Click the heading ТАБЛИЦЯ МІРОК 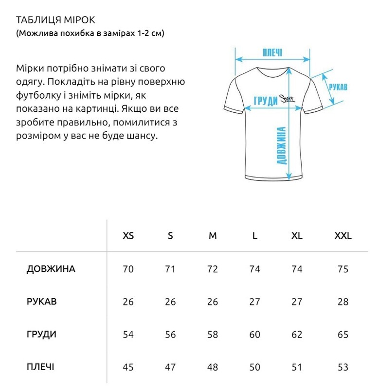click(x=55, y=20)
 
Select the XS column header click(x=128, y=236)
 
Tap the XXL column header click(x=343, y=236)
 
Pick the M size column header click(x=213, y=236)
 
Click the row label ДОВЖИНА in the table click(x=51, y=269)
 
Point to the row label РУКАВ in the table click(x=41, y=301)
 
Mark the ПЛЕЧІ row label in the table click(x=40, y=367)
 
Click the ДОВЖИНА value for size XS click(x=128, y=269)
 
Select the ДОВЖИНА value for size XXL click(x=343, y=269)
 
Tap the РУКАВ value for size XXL click(x=343, y=301)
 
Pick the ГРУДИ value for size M click(x=213, y=335)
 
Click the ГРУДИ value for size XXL click(x=343, y=335)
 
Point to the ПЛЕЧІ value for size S click(x=170, y=367)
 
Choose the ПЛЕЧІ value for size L click(x=255, y=367)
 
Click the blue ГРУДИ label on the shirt click(x=266, y=101)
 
